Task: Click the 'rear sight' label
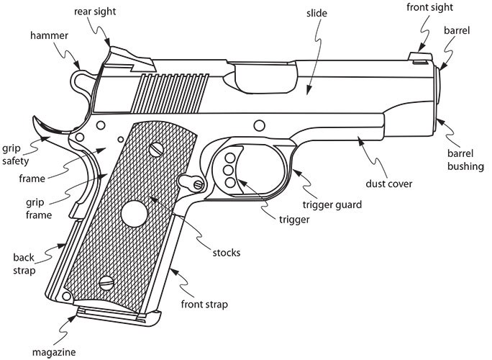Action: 95,12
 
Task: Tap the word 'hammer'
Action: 49,35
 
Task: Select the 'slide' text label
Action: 316,13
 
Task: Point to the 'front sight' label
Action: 429,7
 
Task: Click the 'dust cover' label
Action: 388,184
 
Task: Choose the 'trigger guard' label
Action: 332,204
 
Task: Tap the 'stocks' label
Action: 227,253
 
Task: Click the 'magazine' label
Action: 54,352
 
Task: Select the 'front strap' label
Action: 204,304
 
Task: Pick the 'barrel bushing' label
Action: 465,160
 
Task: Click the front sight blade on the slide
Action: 421,57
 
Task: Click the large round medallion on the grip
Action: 134,214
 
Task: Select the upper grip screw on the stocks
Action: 156,150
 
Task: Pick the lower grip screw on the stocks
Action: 106,283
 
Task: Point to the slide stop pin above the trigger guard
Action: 259,125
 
